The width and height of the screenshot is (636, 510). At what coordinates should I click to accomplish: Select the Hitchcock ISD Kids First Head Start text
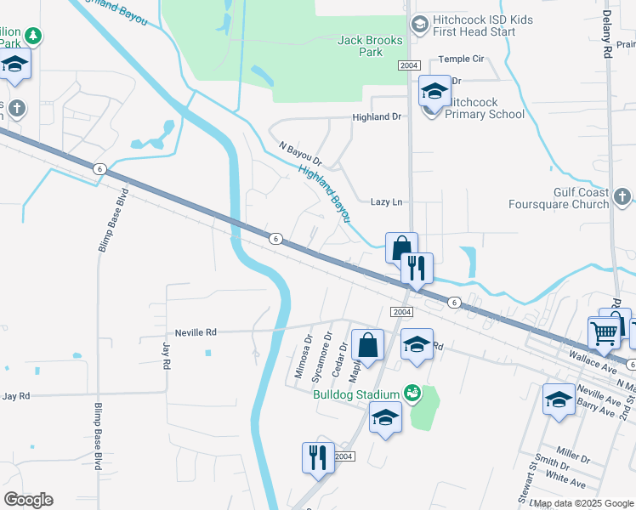(474, 25)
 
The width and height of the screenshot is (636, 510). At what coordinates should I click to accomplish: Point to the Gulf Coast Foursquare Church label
(558, 198)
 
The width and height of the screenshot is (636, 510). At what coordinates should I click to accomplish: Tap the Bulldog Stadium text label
(355, 394)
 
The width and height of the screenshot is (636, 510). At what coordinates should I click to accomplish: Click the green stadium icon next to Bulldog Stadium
(412, 393)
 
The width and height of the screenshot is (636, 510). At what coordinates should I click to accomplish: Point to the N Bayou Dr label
(300, 155)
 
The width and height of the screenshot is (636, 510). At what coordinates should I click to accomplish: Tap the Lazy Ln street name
(386, 202)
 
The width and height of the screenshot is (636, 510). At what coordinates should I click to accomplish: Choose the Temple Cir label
(461, 59)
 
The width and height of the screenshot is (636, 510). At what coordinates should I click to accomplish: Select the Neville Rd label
(196, 332)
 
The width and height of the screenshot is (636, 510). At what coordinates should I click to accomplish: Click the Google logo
(28, 499)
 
